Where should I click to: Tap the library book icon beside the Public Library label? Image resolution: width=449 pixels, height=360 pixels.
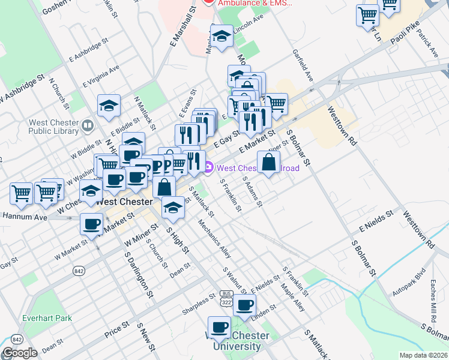(x=88, y=125)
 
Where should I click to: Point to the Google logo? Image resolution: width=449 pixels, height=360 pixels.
(x=20, y=353)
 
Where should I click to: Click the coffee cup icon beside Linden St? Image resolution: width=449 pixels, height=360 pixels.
(x=244, y=305)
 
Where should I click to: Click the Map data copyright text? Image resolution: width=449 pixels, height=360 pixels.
(x=423, y=355)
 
